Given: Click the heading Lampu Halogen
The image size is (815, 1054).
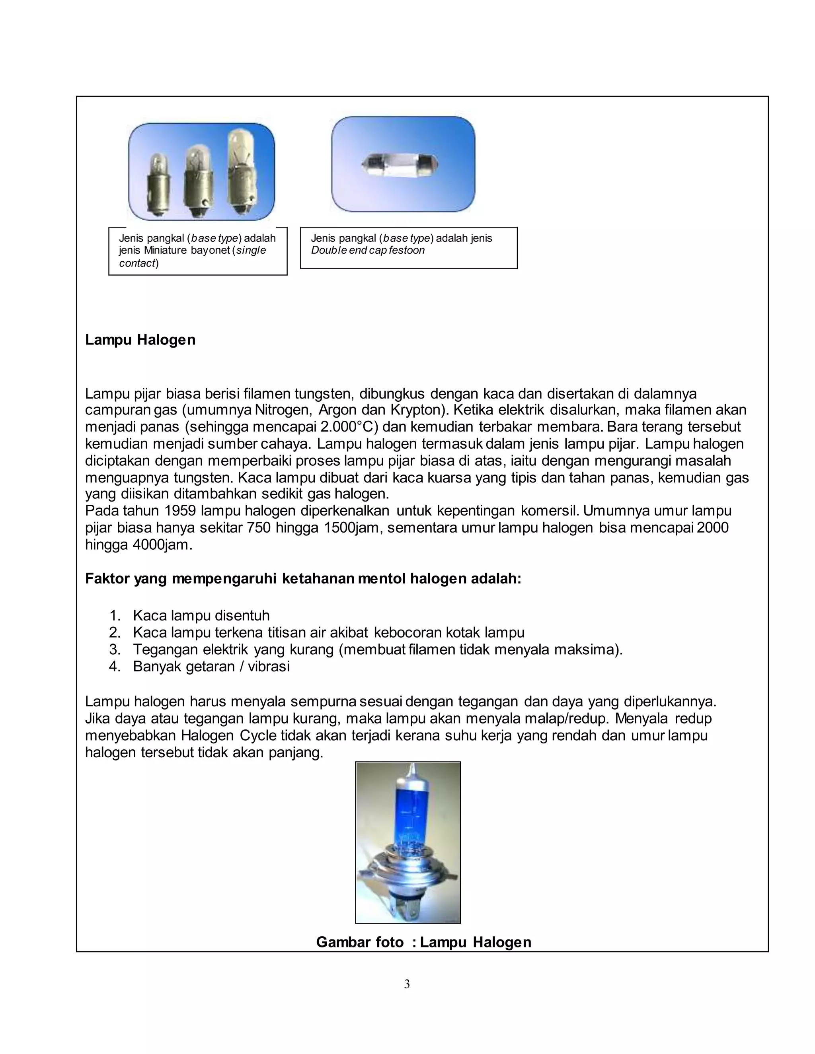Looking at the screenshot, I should (x=140, y=340).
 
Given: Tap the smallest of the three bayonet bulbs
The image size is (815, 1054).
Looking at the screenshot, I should (x=158, y=186).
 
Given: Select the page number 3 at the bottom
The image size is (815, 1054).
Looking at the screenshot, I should (x=407, y=984).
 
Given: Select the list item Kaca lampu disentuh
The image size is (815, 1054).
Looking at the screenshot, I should (x=201, y=616).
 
